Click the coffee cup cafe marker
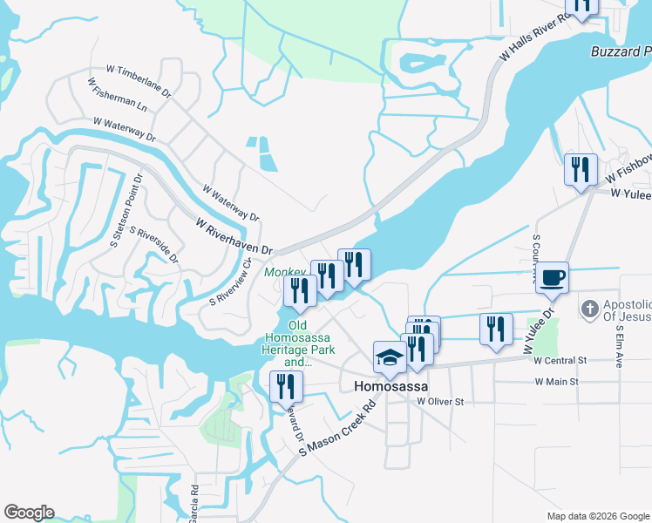(x=551, y=279)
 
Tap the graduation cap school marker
(x=390, y=357)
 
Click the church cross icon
(x=590, y=309)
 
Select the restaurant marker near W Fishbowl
(x=580, y=169)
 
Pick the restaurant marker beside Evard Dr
(x=285, y=386)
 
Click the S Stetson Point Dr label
(x=126, y=211)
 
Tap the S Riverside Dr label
(x=153, y=245)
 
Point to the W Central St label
(x=560, y=359)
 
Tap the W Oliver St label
(x=440, y=402)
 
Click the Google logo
(x=29, y=513)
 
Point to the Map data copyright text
(x=598, y=516)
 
